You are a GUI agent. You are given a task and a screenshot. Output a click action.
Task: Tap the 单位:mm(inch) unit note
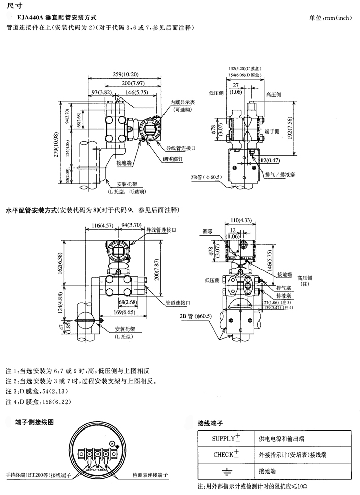tap(330, 18)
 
